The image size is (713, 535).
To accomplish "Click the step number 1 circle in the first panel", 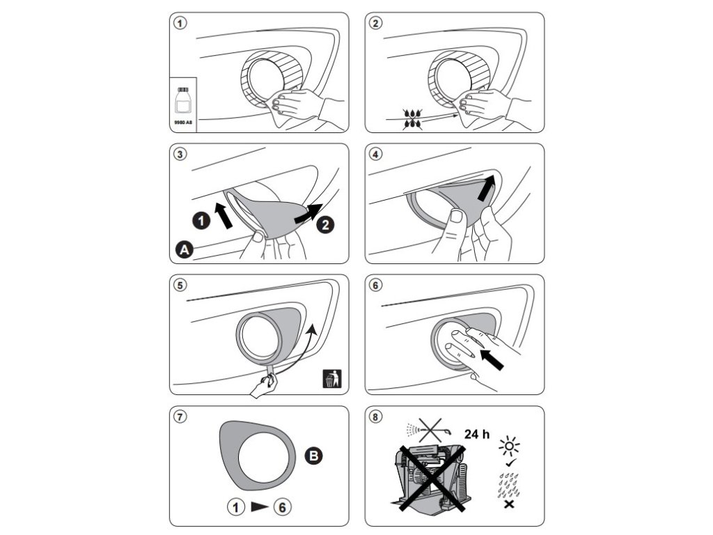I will pyautogui.click(x=180, y=23).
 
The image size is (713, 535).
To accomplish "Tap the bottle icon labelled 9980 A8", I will pyautogui.click(x=183, y=102).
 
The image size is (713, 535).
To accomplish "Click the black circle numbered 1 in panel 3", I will pyautogui.click(x=201, y=221).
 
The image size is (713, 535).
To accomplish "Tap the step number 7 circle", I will pyautogui.click(x=180, y=417).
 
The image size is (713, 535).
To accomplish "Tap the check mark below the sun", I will pyautogui.click(x=510, y=463).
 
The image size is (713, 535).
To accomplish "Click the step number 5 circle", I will pyautogui.click(x=180, y=286).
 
